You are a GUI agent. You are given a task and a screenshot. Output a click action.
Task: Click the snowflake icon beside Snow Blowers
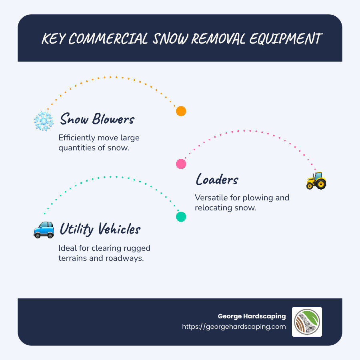coord(44,121)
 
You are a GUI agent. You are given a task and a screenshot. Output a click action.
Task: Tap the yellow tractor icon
coord(316,180)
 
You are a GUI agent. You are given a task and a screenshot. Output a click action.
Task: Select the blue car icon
coord(44,230)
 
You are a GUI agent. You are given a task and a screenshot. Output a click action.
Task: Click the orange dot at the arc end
coord(181,111)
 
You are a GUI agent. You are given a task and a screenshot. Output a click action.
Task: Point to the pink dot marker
coord(181,164)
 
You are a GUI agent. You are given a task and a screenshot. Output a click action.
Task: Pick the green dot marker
coord(181,217)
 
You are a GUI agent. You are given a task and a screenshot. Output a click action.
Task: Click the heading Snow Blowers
coord(97,119)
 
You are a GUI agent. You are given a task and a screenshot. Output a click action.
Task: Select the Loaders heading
coord(217,180)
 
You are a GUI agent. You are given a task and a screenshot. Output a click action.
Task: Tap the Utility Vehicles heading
coord(100,229)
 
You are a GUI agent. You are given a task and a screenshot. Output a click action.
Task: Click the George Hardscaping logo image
coord(307,322)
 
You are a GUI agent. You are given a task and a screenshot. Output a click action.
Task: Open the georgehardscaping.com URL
coord(234,326)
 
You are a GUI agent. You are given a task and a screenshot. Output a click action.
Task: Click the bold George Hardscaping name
coord(252,316)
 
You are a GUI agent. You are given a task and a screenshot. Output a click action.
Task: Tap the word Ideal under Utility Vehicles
coord(67,248)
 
